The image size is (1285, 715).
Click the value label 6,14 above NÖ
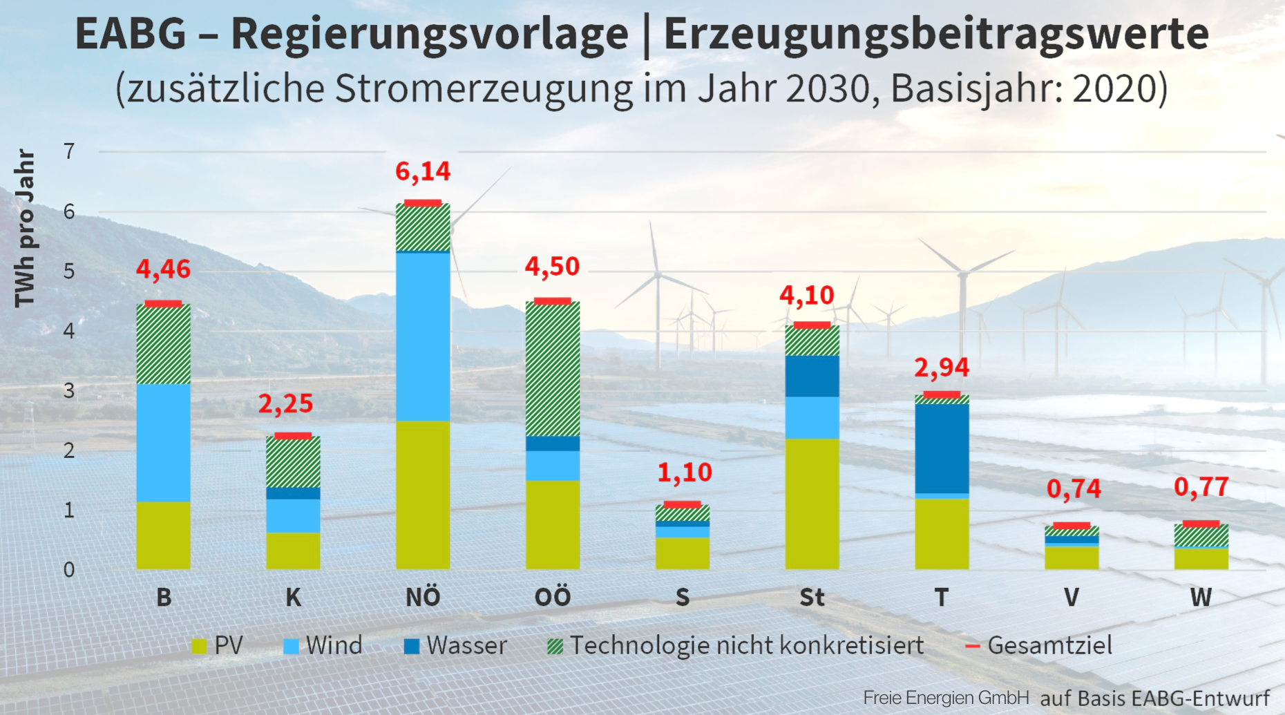coord(422,171)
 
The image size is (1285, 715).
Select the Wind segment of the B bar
coord(163,442)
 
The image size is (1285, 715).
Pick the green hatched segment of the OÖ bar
coord(552,368)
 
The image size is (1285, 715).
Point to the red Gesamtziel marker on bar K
coord(293,436)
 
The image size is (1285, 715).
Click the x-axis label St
coord(812,597)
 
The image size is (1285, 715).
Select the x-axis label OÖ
coord(552,597)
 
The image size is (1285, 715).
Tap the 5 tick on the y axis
coord(69,271)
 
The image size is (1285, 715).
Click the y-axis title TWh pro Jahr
coord(25,228)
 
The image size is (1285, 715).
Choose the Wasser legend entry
coord(455,645)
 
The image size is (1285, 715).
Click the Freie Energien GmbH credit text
coord(945,698)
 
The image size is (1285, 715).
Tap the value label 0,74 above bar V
coord(1073,489)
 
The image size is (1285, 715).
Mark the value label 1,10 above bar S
coord(684,473)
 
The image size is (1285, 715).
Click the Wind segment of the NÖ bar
coord(423,336)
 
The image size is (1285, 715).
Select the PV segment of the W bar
coord(1201,558)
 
